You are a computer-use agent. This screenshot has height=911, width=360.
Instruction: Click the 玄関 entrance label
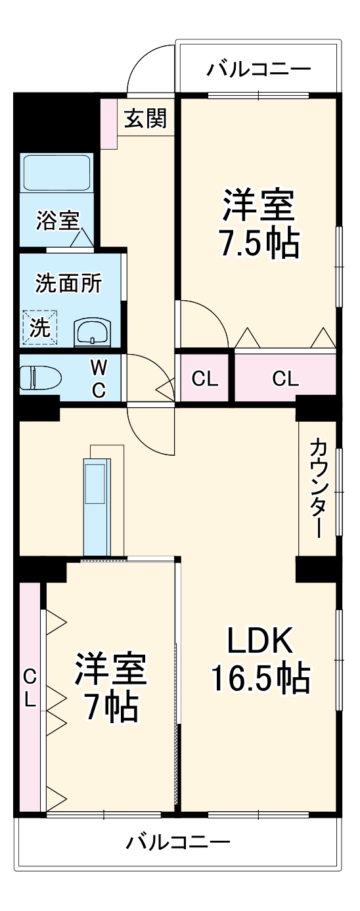[x=146, y=118]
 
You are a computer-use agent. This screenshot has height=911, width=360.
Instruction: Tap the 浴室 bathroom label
[x=58, y=220]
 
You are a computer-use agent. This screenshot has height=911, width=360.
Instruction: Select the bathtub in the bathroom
[x=56, y=173]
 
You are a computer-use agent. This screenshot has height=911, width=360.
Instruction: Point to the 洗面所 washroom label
[x=68, y=284]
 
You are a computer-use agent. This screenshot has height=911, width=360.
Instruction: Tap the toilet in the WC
[x=39, y=378]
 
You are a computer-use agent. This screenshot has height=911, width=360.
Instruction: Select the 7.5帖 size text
[x=258, y=243]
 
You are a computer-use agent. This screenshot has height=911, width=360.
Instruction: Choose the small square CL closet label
[x=204, y=378]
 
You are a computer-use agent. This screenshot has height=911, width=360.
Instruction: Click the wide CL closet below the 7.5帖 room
[x=284, y=378]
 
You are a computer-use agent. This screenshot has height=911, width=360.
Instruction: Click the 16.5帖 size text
[x=259, y=678]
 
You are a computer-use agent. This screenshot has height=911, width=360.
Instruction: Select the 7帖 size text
[x=110, y=707]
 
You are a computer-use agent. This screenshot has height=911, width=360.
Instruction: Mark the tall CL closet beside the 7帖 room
[x=30, y=687]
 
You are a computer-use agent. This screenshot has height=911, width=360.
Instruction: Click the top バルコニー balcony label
[x=258, y=69]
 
